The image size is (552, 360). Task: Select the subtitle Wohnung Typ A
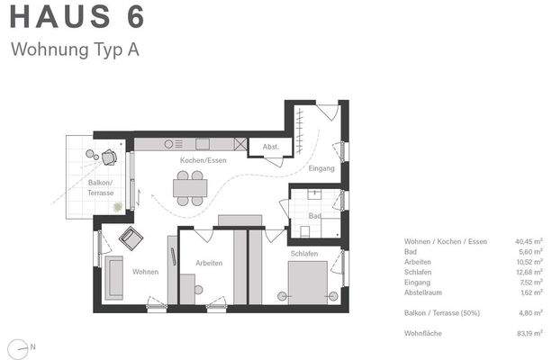pos(75,49)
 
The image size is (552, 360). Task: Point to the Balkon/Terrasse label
pos(101,187)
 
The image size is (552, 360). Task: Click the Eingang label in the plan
pos(321,168)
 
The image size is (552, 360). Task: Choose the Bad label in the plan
pos(314,216)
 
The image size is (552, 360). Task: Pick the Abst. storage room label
pos(270,147)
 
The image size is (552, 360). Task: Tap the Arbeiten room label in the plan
pos(209,263)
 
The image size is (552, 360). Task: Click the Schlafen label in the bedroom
pos(303,255)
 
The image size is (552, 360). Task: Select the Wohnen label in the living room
pos(145,272)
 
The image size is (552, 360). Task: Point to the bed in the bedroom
pos(306,285)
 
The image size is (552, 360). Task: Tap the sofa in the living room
pos(114,277)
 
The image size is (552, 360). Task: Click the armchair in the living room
pos(131,238)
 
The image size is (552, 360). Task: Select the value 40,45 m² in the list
pos(529,241)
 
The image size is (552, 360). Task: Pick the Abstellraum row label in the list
pos(426,292)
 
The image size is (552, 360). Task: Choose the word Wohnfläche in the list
pos(421,333)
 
